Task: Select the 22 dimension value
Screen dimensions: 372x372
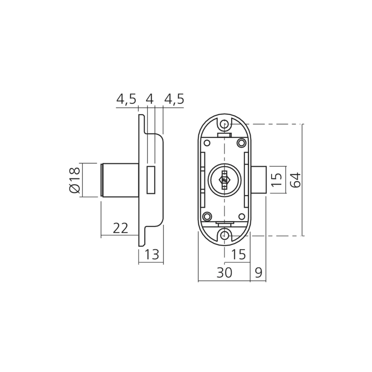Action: coord(121,228)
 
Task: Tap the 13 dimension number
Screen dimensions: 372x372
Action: coord(152,254)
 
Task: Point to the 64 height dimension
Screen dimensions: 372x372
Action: coord(296,180)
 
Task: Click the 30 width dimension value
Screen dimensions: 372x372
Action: coord(224,273)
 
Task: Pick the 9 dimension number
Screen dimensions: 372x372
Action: coord(259,273)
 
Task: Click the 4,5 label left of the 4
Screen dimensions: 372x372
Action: coord(126,99)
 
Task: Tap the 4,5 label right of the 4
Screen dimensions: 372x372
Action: coord(174,99)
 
